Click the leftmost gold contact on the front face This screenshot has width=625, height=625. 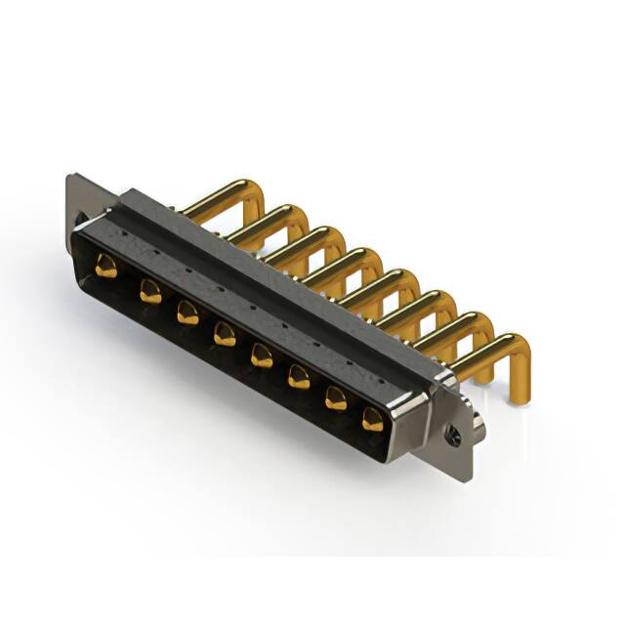tap(106, 266)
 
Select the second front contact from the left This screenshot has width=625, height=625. tap(150, 290)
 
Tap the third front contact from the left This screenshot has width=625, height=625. tap(187, 312)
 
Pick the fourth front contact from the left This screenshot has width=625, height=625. tap(225, 334)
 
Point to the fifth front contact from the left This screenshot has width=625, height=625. tap(262, 355)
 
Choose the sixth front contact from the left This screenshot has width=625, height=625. tap(299, 377)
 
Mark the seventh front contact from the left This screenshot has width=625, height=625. tap(336, 397)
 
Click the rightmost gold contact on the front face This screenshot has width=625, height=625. tap(373, 420)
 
